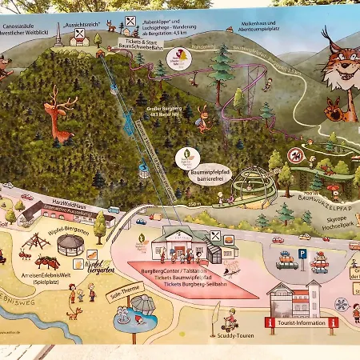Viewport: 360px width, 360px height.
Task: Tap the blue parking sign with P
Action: point(303,253)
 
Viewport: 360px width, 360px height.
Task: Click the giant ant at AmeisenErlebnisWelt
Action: point(46,262)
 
